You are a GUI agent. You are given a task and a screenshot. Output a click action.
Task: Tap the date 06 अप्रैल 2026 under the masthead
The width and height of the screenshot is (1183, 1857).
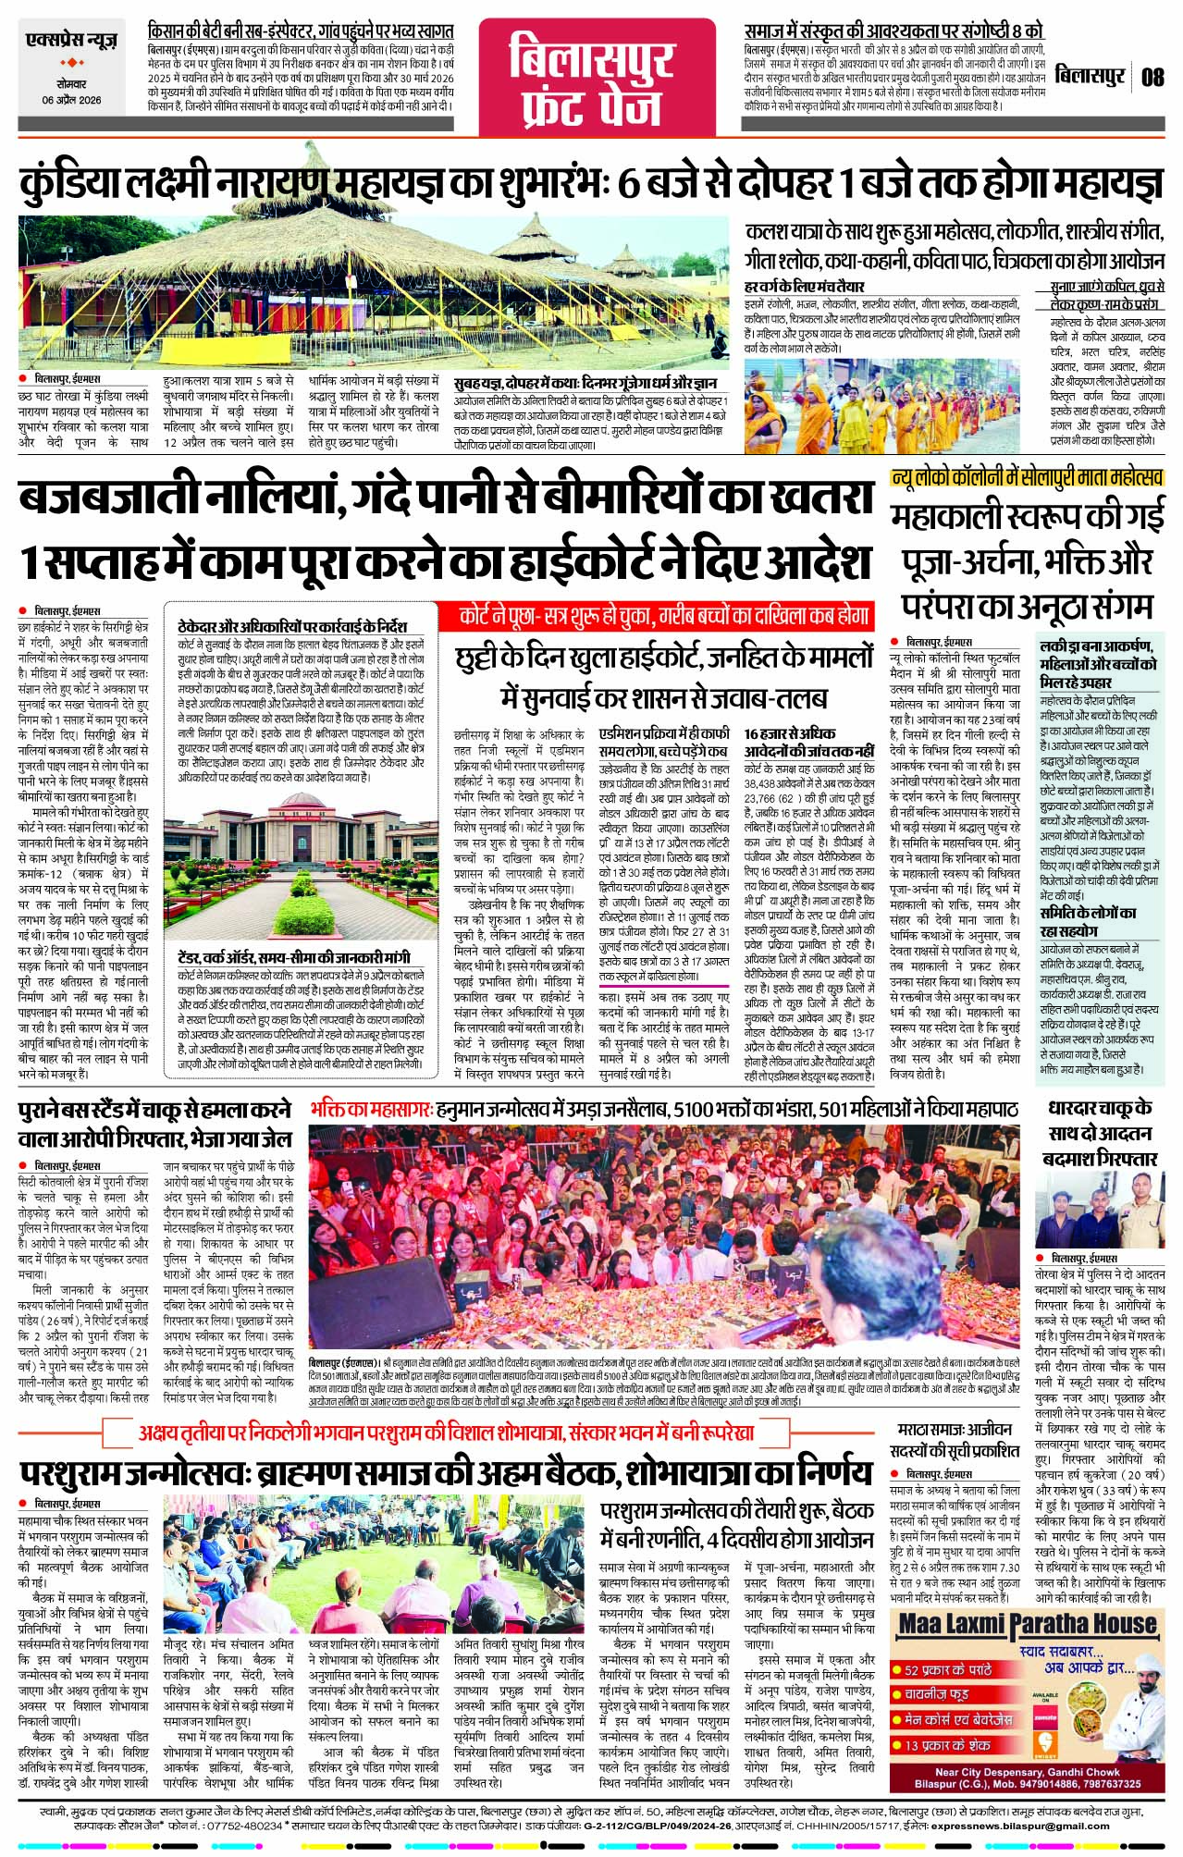72,100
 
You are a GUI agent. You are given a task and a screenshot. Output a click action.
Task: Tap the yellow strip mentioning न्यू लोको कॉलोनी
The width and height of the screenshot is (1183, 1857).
1025,478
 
